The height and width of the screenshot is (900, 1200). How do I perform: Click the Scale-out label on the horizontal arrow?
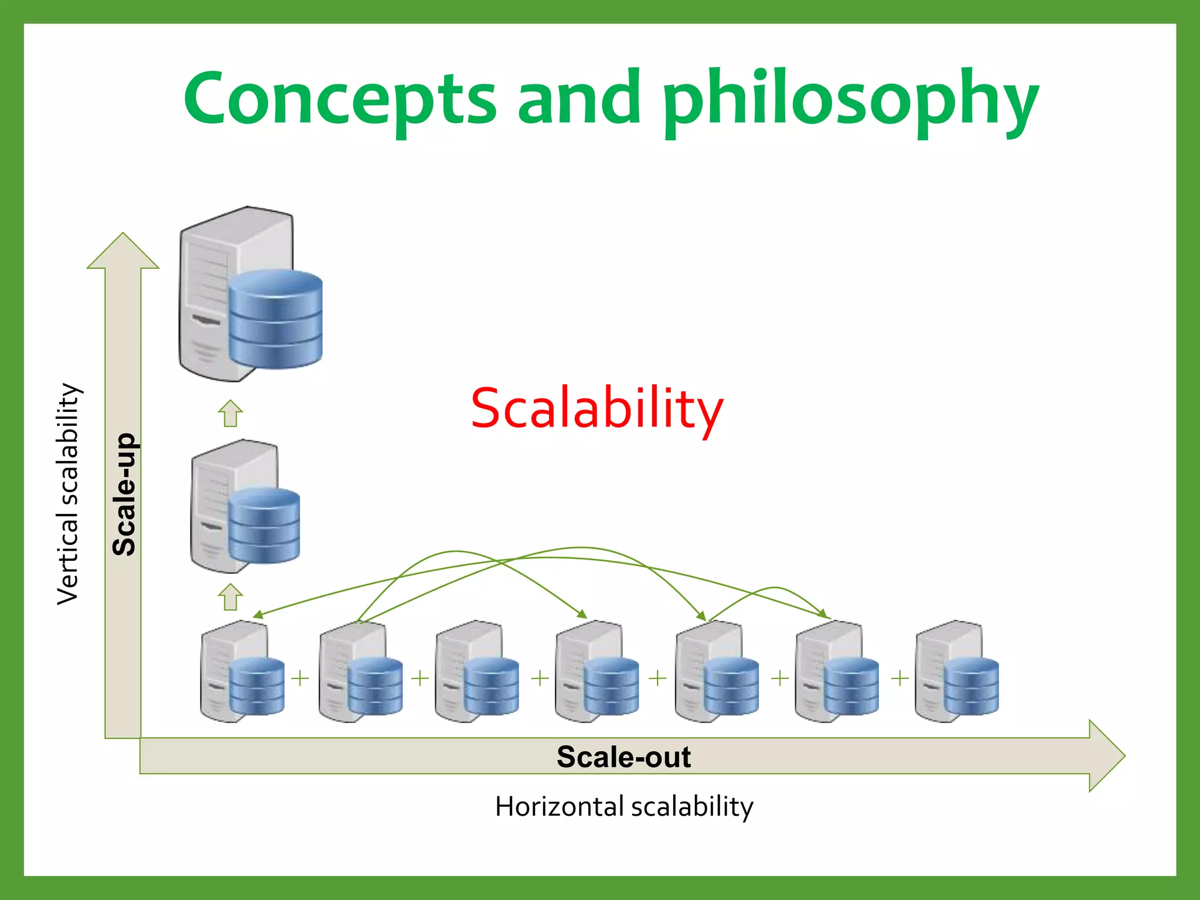coord(623,756)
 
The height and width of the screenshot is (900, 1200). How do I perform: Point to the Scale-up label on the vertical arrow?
coord(124,494)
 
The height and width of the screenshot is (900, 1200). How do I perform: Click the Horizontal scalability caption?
coord(623,807)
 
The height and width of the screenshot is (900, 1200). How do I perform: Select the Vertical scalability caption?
coord(68,494)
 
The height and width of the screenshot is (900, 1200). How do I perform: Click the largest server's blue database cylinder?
coord(275,319)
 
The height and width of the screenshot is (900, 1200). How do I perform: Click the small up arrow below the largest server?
coord(230,414)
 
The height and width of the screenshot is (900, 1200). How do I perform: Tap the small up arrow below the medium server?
coord(230,597)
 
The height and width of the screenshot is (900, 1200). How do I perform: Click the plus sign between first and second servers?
coord(300,678)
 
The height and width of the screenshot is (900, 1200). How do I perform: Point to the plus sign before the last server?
coord(900,678)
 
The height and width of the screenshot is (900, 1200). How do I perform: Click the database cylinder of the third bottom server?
coord(491,686)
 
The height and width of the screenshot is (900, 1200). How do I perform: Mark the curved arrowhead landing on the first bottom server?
coord(257,615)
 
